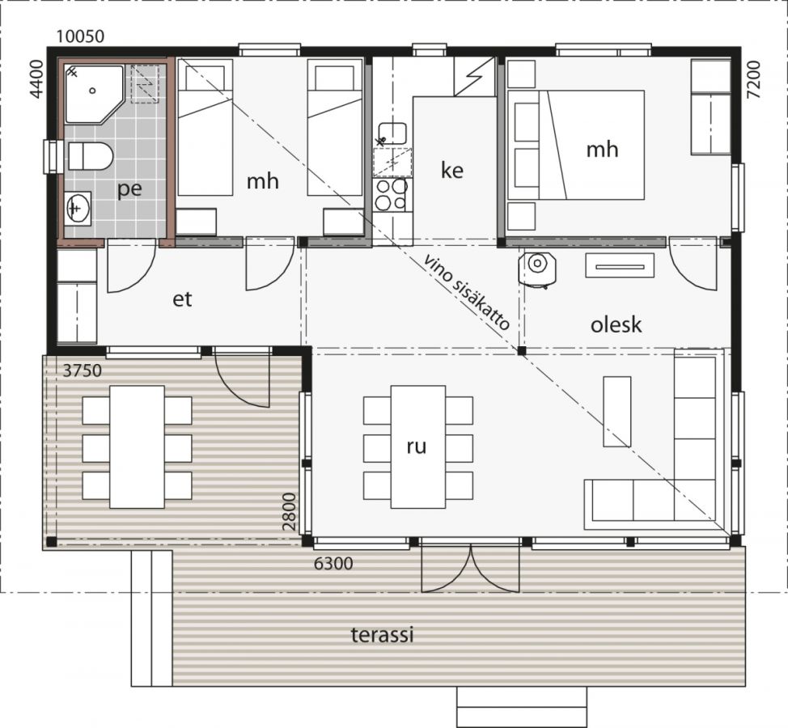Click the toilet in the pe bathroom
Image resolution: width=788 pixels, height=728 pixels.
click(x=91, y=156)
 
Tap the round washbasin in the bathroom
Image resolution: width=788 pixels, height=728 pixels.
click(x=78, y=207)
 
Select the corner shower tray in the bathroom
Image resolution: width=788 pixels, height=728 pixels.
click(x=94, y=94)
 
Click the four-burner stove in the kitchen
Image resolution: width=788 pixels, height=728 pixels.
click(x=391, y=194)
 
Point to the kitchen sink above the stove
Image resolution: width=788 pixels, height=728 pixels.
click(x=392, y=134)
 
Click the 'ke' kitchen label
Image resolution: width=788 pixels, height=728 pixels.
click(x=451, y=171)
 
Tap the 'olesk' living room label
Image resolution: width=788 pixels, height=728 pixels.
click(x=616, y=324)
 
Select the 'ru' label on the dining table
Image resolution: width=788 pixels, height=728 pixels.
click(x=417, y=447)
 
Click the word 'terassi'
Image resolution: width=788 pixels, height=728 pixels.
click(x=382, y=634)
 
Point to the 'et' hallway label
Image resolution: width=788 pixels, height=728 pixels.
click(x=182, y=299)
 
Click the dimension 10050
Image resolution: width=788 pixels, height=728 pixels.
click(x=80, y=36)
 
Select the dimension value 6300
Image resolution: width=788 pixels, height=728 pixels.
click(x=333, y=564)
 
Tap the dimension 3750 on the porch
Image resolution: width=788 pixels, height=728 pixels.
click(x=83, y=370)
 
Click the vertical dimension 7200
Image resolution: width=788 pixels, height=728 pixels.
click(x=753, y=80)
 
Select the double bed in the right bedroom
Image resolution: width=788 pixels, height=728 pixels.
click(x=576, y=145)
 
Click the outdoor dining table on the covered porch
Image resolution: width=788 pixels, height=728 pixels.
click(x=137, y=447)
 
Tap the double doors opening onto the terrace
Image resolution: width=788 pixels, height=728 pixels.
click(x=470, y=567)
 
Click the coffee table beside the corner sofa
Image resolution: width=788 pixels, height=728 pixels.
click(x=616, y=412)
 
